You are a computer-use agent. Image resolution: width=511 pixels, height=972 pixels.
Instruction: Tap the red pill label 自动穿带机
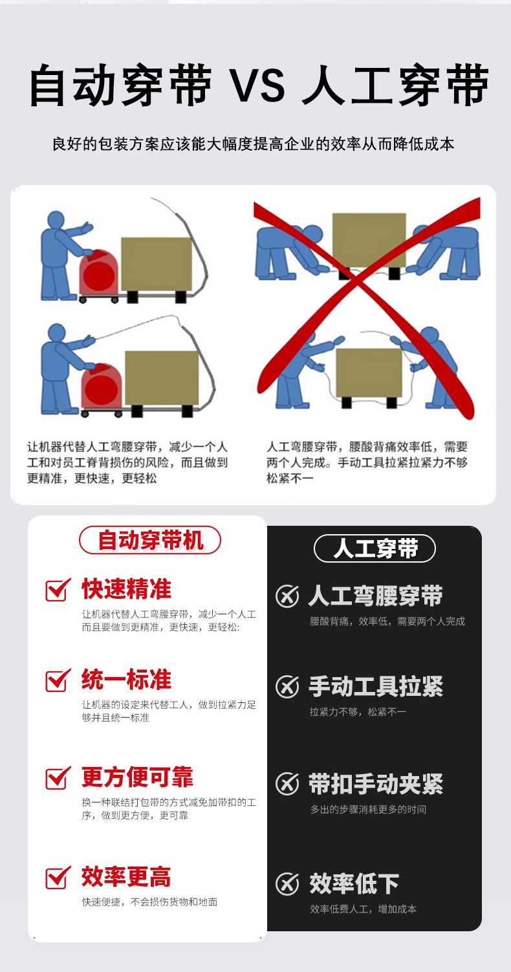pyautogui.click(x=150, y=540)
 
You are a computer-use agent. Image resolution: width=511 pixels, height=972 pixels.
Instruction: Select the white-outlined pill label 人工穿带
pyautogui.click(x=375, y=548)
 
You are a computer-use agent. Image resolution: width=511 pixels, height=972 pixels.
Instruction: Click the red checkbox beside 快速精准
pyautogui.click(x=58, y=590)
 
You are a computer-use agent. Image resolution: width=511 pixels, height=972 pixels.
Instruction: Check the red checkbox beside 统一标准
pyautogui.click(x=58, y=680)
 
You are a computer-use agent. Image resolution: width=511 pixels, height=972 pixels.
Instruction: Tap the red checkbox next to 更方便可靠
pyautogui.click(x=58, y=777)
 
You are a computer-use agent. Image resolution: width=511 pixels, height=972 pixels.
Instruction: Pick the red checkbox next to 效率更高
pyautogui.click(x=58, y=877)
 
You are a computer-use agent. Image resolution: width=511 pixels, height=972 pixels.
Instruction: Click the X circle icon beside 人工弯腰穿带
pyautogui.click(x=287, y=596)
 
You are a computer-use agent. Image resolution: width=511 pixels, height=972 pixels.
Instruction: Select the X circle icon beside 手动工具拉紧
pyautogui.click(x=287, y=686)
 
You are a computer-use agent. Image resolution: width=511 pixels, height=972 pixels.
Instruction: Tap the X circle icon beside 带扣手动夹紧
pyautogui.click(x=287, y=784)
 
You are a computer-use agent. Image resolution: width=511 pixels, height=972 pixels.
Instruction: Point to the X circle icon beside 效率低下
pyautogui.click(x=287, y=884)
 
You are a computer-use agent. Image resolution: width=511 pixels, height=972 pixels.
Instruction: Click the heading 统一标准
pyautogui.click(x=126, y=680)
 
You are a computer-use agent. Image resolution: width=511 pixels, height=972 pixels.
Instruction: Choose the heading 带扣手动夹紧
pyautogui.click(x=376, y=784)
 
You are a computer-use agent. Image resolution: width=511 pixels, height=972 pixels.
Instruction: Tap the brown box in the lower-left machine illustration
pyautogui.click(x=162, y=378)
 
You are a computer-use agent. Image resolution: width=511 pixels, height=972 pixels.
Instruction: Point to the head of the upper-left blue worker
pyautogui.click(x=56, y=220)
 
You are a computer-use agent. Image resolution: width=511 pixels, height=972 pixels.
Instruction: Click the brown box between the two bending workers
pyautogui.click(x=369, y=240)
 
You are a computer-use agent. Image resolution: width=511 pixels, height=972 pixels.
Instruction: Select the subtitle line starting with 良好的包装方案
pyautogui.click(x=254, y=144)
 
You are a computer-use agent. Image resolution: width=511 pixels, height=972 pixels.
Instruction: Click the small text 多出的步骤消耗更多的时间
pyautogui.click(x=368, y=809)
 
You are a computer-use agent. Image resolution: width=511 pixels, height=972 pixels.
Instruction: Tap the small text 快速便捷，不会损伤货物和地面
pyautogui.click(x=150, y=902)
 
